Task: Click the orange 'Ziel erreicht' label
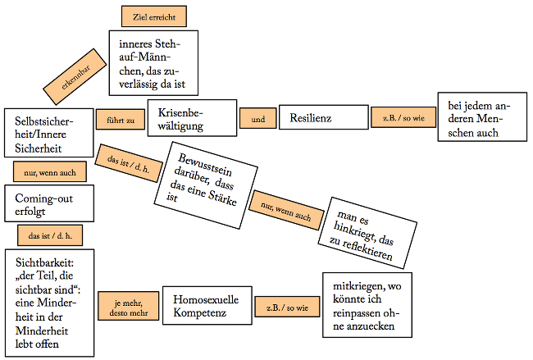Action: (x=153, y=16)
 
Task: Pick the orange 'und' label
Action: (x=257, y=119)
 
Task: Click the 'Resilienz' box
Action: (x=323, y=117)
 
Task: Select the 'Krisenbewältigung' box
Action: (x=192, y=119)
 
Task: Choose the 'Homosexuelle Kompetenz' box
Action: (x=207, y=307)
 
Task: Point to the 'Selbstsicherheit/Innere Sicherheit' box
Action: (x=45, y=132)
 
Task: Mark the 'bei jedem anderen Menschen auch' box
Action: (x=479, y=120)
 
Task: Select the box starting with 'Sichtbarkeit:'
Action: (x=48, y=301)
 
